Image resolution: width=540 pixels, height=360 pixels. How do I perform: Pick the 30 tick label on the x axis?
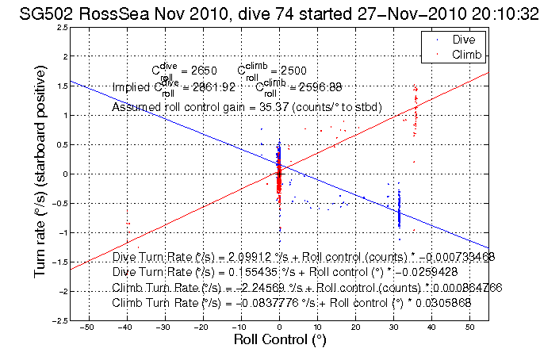tap(394, 326)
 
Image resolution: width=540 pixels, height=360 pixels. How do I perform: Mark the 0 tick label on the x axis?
tap(279, 326)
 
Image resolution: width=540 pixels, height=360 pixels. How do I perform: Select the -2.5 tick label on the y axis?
tap(57, 320)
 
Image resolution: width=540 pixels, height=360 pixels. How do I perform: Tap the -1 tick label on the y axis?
tap(60, 232)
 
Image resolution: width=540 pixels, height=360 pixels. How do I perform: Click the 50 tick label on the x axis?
tap(471, 326)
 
